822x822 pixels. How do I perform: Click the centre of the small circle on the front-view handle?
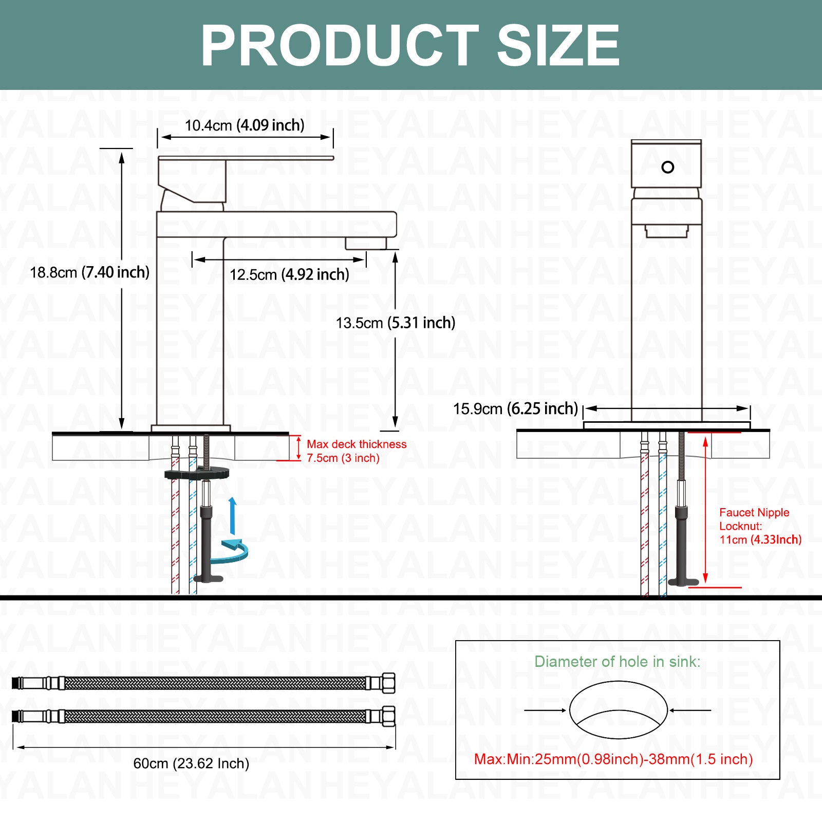click(x=668, y=167)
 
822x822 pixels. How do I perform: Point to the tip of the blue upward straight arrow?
click(x=233, y=497)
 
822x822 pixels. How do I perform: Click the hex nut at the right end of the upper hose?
click(x=388, y=682)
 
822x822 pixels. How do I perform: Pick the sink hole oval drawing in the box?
click(x=618, y=710)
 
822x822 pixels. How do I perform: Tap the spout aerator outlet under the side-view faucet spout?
click(x=366, y=243)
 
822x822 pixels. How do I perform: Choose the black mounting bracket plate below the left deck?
click(x=197, y=473)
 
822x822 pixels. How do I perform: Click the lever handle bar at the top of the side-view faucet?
click(x=246, y=158)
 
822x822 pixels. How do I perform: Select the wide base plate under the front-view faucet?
click(x=667, y=425)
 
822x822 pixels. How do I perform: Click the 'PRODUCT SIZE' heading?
click(x=410, y=46)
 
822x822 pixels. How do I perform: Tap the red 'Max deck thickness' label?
click(x=357, y=444)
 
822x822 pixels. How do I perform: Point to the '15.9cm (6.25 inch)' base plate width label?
click(x=516, y=409)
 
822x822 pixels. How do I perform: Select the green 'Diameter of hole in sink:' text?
click(x=618, y=661)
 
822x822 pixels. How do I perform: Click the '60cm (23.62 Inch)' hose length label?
click(x=191, y=763)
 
